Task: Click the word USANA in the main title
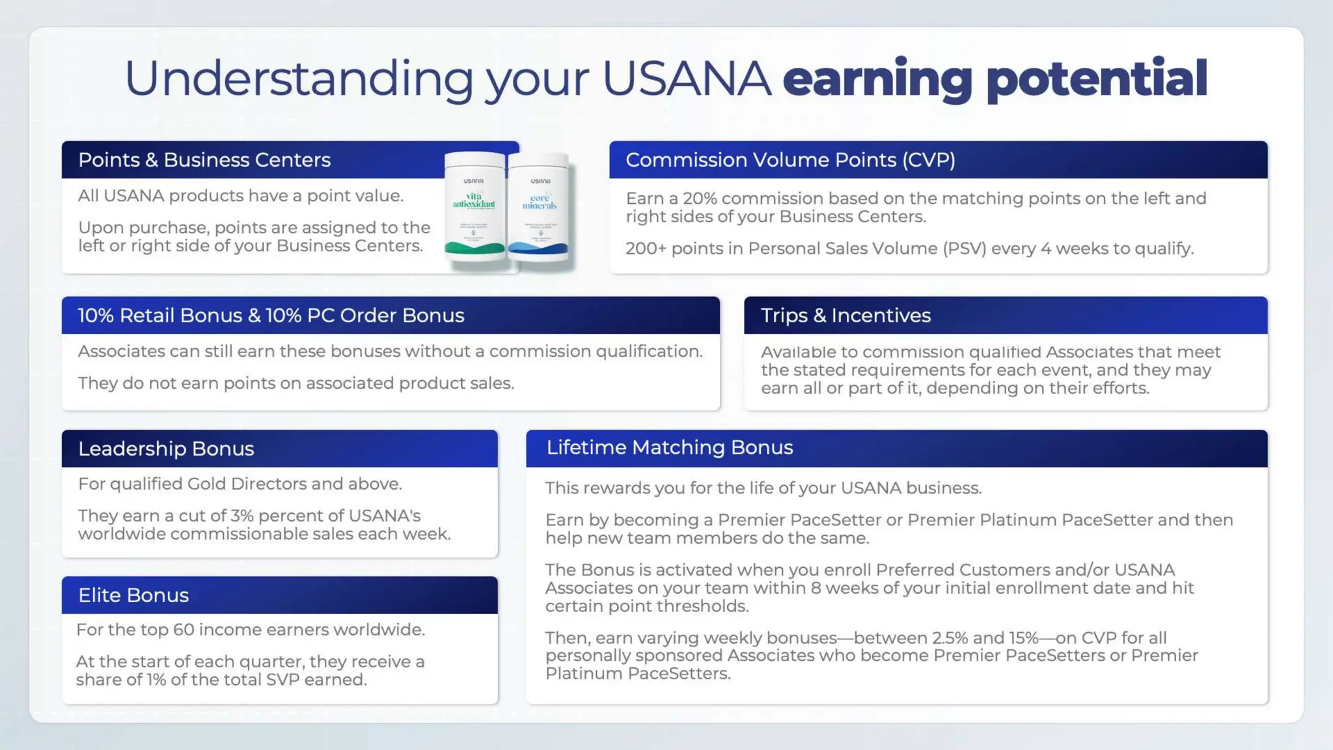point(687,79)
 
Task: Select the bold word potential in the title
point(1097,79)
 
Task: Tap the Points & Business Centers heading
point(204,160)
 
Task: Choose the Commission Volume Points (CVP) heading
point(790,160)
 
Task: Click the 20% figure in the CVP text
point(699,199)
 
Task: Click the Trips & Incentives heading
point(845,315)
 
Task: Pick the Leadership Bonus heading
point(166,449)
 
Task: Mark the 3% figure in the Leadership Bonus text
point(241,516)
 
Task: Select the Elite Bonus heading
point(133,595)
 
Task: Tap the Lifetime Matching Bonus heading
point(669,447)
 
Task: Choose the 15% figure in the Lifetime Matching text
point(1024,638)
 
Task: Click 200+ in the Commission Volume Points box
point(646,249)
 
